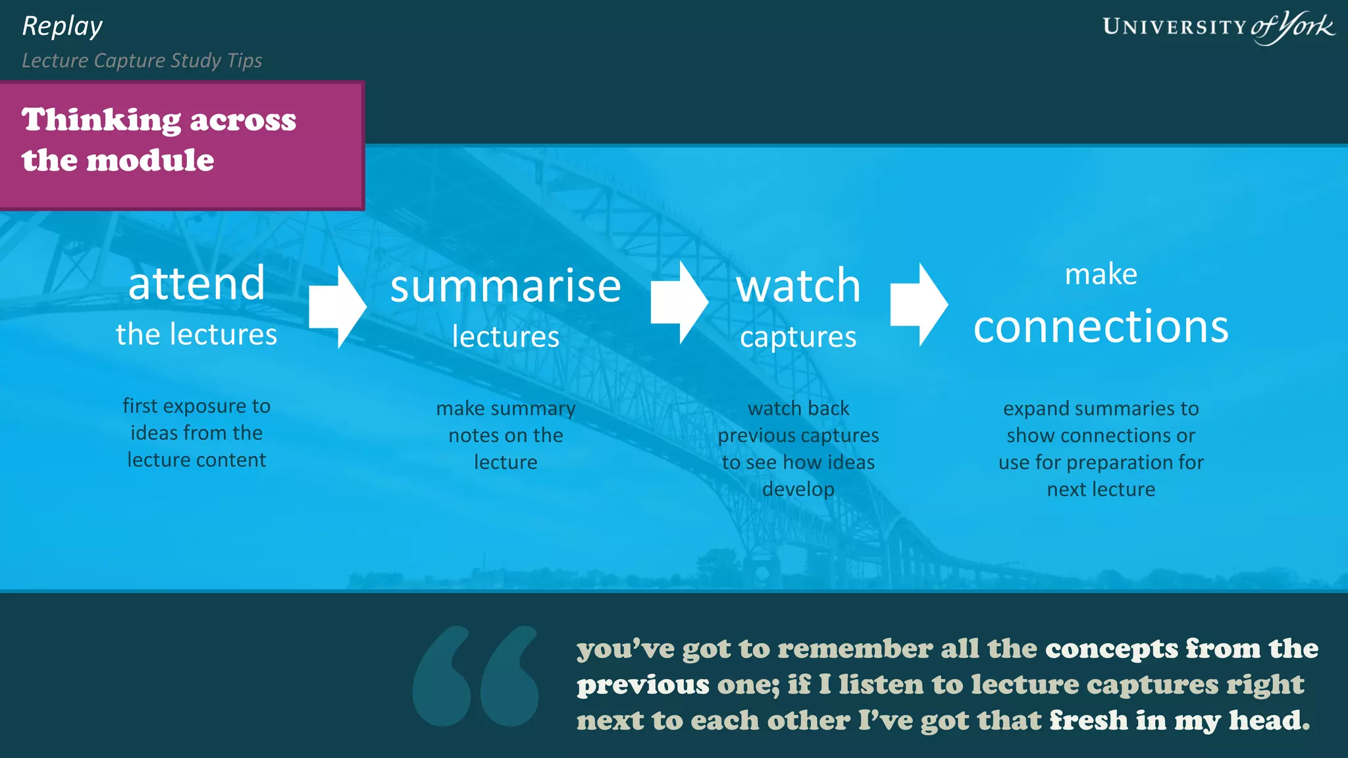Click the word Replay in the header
[63, 27]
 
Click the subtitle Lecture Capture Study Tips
[142, 61]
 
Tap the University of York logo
[1218, 27]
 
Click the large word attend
[196, 284]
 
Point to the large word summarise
[505, 286]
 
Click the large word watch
[798, 286]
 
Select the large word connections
[1101, 326]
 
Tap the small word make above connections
[1101, 274]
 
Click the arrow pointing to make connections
[919, 305]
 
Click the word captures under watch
[798, 338]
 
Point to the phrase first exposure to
[196, 406]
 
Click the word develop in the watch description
[798, 490]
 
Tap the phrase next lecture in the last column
[1101, 490]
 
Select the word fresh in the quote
[1088, 720]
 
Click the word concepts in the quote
[1112, 649]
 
